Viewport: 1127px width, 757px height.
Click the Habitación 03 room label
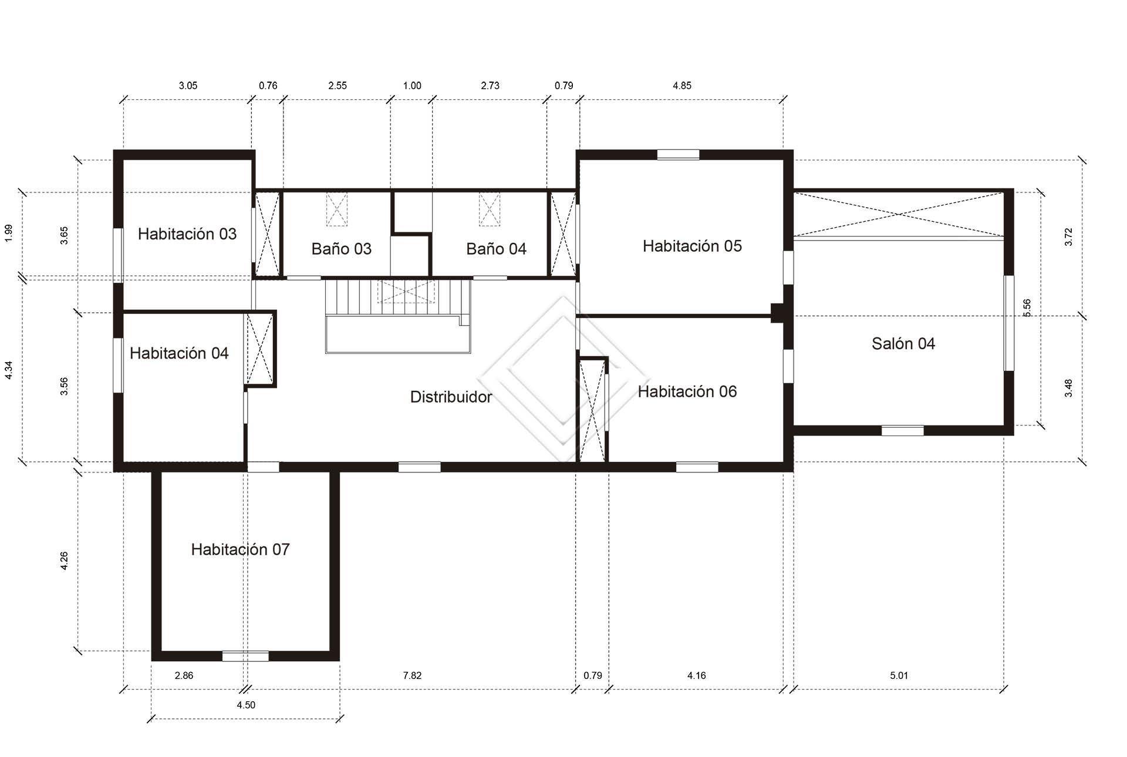click(187, 234)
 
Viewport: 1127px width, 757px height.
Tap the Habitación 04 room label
click(179, 353)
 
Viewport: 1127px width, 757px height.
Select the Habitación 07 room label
click(240, 550)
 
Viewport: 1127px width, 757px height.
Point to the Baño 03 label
click(342, 249)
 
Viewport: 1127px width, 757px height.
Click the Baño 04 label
click(497, 249)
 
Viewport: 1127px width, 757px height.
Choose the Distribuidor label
click(451, 397)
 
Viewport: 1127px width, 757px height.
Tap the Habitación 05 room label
click(692, 246)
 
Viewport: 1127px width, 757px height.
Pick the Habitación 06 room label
click(687, 391)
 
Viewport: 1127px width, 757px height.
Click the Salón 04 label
click(903, 344)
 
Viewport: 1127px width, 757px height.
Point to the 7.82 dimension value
click(412, 675)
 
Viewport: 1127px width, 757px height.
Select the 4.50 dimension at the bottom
click(246, 705)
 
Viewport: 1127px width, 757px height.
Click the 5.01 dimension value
click(899, 675)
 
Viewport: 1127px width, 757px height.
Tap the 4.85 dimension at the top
click(682, 86)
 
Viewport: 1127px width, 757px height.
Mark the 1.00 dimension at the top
click(412, 86)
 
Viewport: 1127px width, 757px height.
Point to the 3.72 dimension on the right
click(1068, 236)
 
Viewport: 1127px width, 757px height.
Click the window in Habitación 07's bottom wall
click(245, 656)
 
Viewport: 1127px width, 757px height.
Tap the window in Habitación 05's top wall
click(678, 155)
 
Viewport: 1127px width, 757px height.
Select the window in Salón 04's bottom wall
click(903, 431)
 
